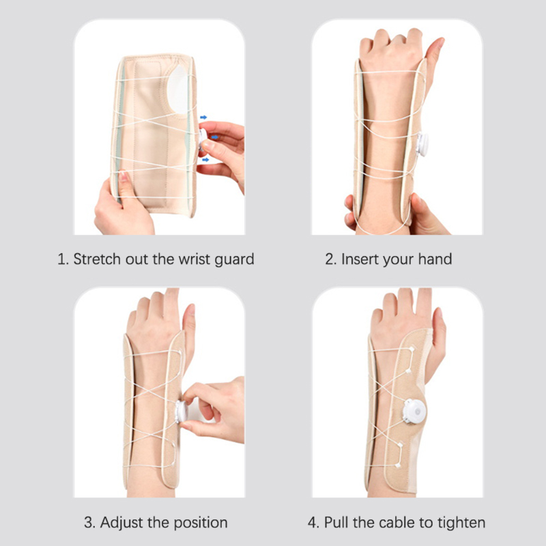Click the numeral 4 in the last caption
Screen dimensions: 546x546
313,523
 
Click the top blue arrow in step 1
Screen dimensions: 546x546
203,117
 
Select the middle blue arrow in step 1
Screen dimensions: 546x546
215,137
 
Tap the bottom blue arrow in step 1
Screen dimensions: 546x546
205,160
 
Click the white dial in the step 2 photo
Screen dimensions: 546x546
422,144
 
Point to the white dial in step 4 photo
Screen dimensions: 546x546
414,412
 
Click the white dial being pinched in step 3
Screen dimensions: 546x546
182,412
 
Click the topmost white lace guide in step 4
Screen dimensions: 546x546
412,349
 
